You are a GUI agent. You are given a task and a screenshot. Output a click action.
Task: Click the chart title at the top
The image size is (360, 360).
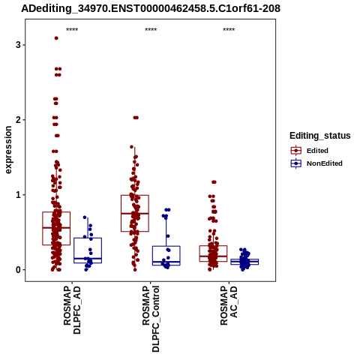click(x=151, y=8)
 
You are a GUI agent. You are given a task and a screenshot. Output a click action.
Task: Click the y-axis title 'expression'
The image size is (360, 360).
click(x=8, y=150)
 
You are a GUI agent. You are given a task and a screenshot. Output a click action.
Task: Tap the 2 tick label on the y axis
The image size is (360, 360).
click(x=19, y=120)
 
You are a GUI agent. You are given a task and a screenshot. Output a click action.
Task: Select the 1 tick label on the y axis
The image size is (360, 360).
click(x=19, y=195)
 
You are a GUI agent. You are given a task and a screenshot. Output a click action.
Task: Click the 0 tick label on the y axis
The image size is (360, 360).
click(x=19, y=270)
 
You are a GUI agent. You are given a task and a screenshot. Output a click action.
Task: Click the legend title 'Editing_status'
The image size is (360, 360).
click(x=320, y=136)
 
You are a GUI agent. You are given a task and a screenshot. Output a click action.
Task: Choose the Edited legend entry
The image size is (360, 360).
click(x=310, y=151)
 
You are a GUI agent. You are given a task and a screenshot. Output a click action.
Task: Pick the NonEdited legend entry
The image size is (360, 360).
click(x=316, y=163)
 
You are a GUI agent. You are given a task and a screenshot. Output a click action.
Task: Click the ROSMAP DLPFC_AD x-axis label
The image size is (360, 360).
click(x=72, y=310)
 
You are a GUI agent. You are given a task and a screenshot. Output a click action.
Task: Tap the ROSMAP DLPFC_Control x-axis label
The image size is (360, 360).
click(x=151, y=319)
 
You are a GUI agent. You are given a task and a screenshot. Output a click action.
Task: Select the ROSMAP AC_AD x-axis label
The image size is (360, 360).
click(x=229, y=305)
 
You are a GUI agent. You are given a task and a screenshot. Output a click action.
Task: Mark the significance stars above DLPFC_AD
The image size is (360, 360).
click(x=72, y=30)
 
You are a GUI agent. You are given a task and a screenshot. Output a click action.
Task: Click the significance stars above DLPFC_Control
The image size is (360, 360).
click(x=151, y=30)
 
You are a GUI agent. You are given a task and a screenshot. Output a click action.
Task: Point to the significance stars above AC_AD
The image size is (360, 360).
click(x=229, y=30)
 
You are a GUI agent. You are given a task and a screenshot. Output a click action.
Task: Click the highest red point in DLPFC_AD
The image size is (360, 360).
click(x=56, y=38)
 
